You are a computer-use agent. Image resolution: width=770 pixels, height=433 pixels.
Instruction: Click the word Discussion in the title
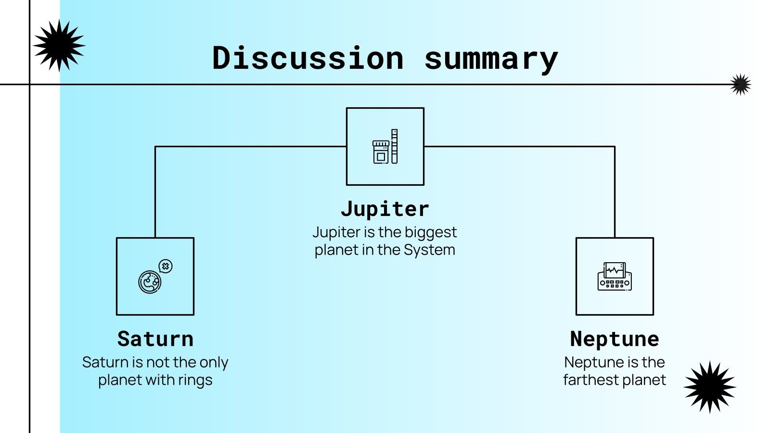308,58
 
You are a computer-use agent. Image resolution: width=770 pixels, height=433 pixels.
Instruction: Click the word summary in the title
491,58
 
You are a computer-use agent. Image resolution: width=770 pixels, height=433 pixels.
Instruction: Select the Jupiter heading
385,209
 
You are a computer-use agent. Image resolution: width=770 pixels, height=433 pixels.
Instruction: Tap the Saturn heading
155,339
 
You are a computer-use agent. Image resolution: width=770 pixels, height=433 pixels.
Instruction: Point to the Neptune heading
615,339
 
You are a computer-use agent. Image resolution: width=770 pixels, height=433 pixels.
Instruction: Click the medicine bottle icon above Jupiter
381,151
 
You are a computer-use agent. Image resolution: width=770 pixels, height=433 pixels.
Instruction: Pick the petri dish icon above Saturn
150,282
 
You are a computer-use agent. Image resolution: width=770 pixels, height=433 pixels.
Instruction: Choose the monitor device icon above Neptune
615,277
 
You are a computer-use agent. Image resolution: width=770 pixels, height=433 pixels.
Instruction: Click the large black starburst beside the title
59,46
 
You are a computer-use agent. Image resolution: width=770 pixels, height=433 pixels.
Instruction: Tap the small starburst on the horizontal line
740,85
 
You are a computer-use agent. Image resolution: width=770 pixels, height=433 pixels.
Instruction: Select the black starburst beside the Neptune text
710,387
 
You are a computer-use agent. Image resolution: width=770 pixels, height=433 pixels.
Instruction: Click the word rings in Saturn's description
195,380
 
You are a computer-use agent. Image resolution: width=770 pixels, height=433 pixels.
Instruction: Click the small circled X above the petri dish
166,266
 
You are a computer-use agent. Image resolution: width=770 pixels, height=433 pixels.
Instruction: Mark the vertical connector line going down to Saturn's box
155,192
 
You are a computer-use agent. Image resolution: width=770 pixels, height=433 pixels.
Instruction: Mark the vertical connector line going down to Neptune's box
615,192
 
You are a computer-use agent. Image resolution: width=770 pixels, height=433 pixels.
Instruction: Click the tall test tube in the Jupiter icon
395,146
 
